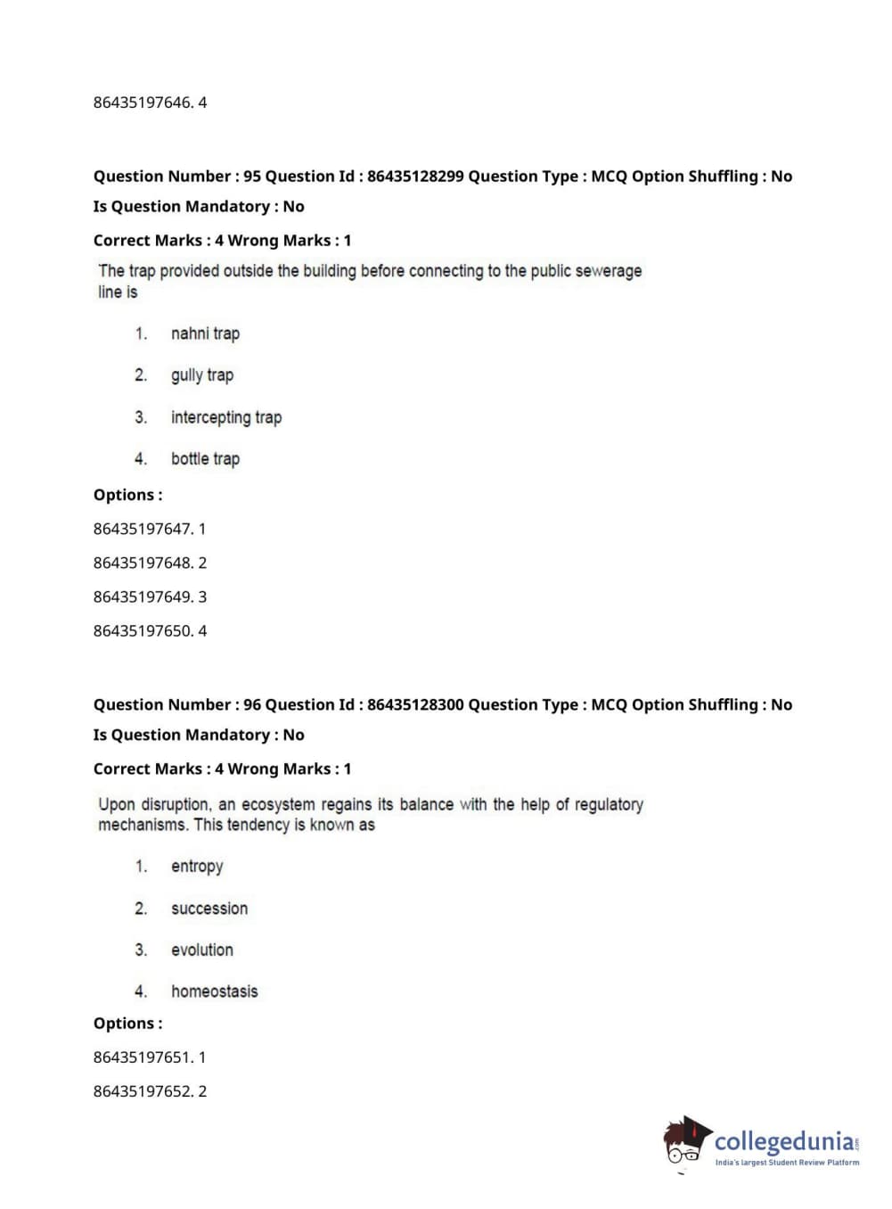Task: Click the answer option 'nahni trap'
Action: point(205,333)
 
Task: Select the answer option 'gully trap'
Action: point(202,375)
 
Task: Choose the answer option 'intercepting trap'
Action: point(226,417)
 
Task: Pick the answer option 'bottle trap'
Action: point(205,459)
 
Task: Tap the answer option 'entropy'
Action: point(197,867)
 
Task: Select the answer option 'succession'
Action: point(209,909)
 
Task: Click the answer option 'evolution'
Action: point(202,950)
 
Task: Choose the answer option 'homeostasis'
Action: point(214,991)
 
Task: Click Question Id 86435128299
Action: point(415,177)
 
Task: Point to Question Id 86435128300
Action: point(415,705)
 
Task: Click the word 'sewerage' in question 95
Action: point(609,271)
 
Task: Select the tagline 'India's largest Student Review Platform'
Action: point(787,1163)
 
